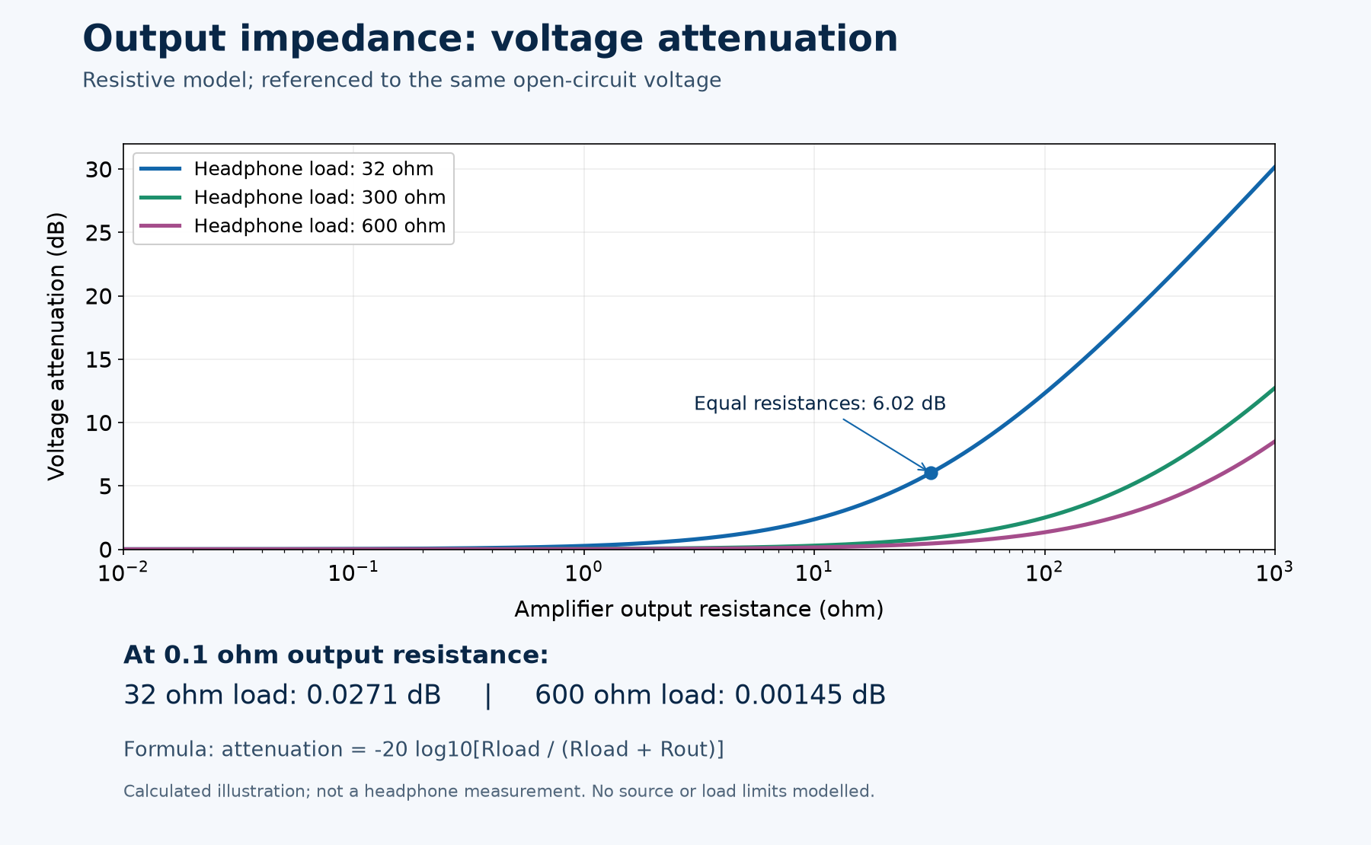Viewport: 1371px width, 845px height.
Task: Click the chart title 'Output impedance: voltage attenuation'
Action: pos(490,39)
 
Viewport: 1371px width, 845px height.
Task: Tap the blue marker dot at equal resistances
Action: pos(931,473)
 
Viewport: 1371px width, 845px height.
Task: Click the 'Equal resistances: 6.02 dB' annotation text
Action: pos(820,403)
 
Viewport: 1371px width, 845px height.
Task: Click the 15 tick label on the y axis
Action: pos(99,359)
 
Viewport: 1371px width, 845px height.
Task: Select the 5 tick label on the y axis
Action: pos(106,486)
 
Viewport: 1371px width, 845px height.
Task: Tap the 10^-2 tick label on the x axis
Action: pos(123,572)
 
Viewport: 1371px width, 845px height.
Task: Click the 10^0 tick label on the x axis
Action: pos(583,572)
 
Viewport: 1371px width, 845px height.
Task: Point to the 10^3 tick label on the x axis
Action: pos(1274,572)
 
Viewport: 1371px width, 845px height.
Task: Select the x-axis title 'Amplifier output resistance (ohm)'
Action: pos(698,609)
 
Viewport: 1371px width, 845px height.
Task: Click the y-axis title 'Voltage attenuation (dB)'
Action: pos(56,346)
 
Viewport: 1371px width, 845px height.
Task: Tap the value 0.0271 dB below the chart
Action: pos(373,695)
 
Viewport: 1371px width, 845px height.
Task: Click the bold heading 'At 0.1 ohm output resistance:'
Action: pos(336,655)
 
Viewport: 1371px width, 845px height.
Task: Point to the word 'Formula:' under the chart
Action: pos(168,749)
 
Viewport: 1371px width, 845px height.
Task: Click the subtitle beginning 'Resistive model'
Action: pos(401,80)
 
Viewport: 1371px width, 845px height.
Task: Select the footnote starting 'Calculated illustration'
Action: pos(499,791)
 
